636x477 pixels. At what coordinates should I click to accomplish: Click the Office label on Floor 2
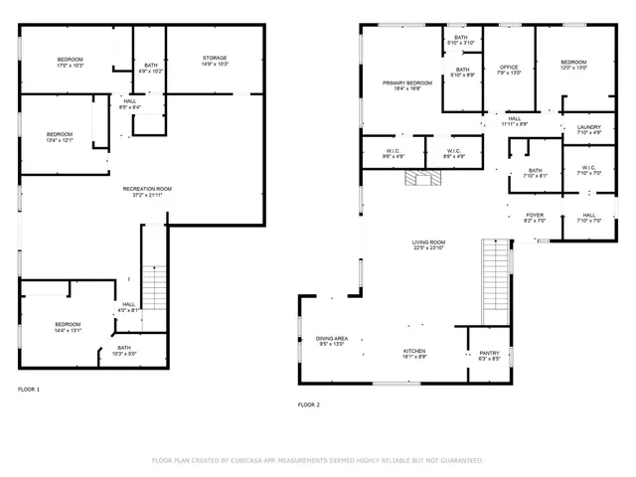(x=508, y=69)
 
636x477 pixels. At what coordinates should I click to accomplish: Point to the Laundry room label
(x=588, y=128)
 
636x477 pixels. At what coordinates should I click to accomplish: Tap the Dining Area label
(x=331, y=341)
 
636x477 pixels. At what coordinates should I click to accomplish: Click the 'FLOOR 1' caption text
(x=29, y=389)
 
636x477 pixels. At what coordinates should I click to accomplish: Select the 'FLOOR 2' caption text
(x=309, y=404)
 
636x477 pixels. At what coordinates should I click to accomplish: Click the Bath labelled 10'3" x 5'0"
(x=123, y=350)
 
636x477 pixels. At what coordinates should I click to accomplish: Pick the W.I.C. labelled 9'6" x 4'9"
(x=394, y=153)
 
